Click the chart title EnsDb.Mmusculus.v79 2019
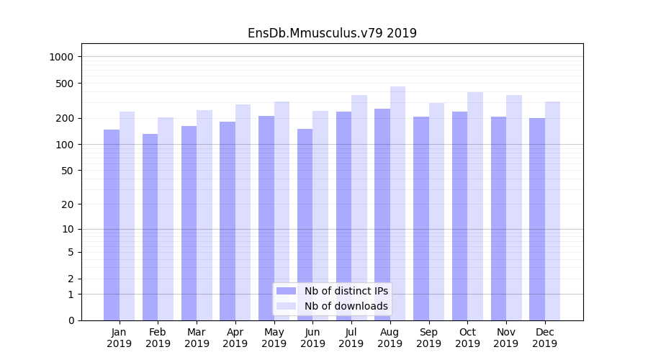tap(332, 33)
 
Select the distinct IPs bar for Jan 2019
tap(112, 225)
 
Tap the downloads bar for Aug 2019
tap(397, 203)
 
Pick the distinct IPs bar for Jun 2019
tap(305, 225)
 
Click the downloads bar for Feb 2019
tap(166, 219)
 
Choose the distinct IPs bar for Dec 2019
tap(537, 219)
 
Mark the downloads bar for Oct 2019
tap(475, 206)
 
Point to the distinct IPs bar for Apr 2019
tap(228, 221)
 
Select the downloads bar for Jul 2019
tap(359, 207)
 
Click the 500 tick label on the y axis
tap(67, 84)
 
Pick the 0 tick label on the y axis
tap(71, 320)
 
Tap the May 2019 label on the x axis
tap(274, 338)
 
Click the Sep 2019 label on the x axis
tap(428, 338)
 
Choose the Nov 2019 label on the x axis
tap(506, 338)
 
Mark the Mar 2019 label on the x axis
tap(197, 338)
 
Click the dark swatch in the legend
tap(287, 291)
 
